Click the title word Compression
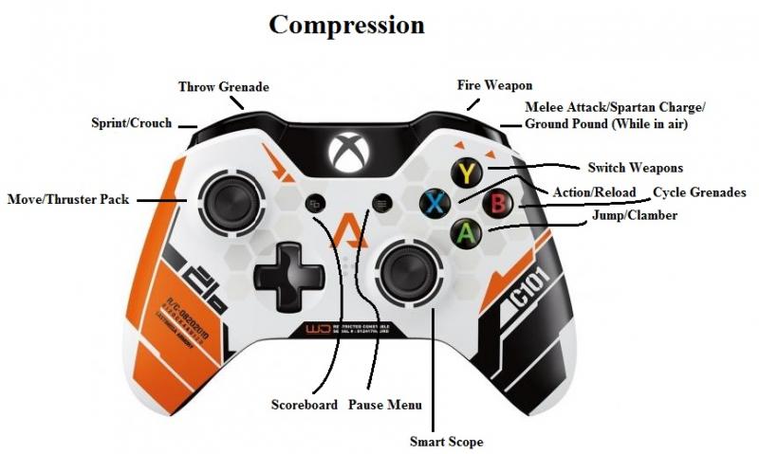point(346,24)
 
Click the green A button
point(466,232)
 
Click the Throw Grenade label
point(224,87)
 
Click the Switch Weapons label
point(635,168)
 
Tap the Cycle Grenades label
point(699,192)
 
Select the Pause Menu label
point(384,405)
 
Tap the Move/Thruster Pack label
point(67,200)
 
